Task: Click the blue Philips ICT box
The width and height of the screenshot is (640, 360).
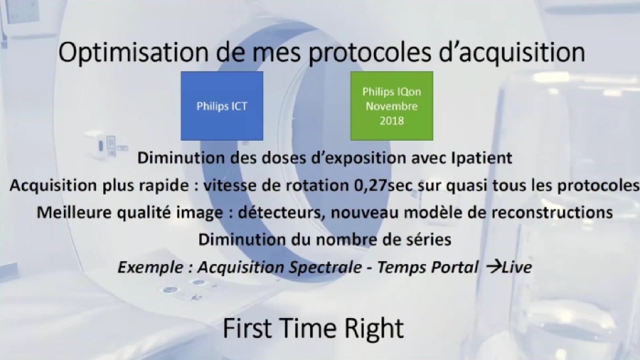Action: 222,106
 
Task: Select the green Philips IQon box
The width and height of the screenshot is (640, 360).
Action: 392,106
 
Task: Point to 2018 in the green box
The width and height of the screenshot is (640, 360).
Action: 392,121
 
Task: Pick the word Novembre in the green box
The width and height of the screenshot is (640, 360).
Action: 392,106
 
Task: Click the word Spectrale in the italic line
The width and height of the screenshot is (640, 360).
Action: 325,268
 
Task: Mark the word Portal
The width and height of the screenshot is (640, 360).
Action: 454,268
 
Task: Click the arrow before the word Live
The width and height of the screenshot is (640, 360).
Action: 494,267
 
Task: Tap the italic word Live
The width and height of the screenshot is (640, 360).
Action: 517,268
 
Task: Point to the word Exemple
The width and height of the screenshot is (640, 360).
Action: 151,268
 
